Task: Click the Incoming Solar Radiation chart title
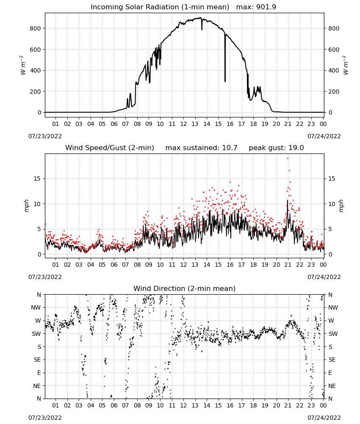coord(160,7)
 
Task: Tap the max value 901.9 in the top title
coord(266,7)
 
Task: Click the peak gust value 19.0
coord(296,148)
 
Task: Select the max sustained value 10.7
coord(230,148)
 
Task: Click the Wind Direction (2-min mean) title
coord(185,288)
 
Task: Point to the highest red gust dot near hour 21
coord(288,159)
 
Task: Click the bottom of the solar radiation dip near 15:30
coord(225,81)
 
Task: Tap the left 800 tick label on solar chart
coord(36,28)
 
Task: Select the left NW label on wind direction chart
coord(36,307)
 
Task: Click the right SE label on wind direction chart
coord(332,360)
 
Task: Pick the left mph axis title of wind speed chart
coord(26,206)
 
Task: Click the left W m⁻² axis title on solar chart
coord(22,65)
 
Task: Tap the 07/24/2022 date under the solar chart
coord(324,136)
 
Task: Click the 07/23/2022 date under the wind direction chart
coord(45,418)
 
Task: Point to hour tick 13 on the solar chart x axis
coord(195,124)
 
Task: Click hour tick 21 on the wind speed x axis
coord(288,265)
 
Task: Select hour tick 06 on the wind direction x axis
coord(114,405)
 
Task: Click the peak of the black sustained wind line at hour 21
coord(288,200)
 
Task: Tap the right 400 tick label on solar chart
coord(334,70)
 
